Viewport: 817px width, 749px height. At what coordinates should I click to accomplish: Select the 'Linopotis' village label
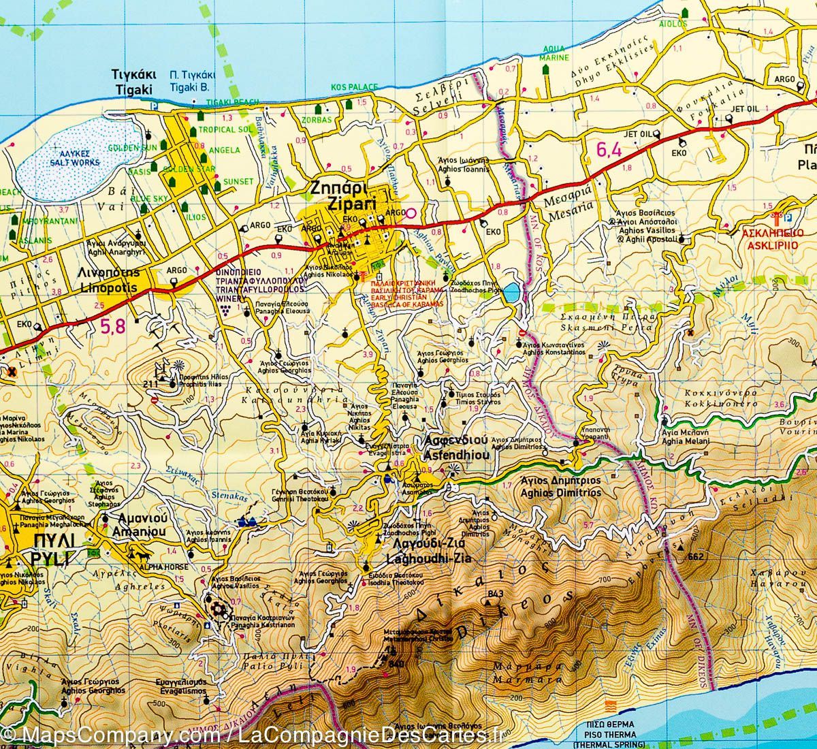pyautogui.click(x=109, y=288)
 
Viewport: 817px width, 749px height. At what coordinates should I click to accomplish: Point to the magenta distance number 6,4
pyautogui.click(x=609, y=150)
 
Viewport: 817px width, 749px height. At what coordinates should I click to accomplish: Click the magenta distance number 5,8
pyautogui.click(x=113, y=328)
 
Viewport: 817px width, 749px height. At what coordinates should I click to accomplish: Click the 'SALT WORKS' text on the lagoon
pyautogui.click(x=75, y=163)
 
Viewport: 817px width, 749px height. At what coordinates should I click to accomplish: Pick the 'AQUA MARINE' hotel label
pyautogui.click(x=554, y=54)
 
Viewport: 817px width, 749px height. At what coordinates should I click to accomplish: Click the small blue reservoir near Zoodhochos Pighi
pyautogui.click(x=512, y=294)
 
